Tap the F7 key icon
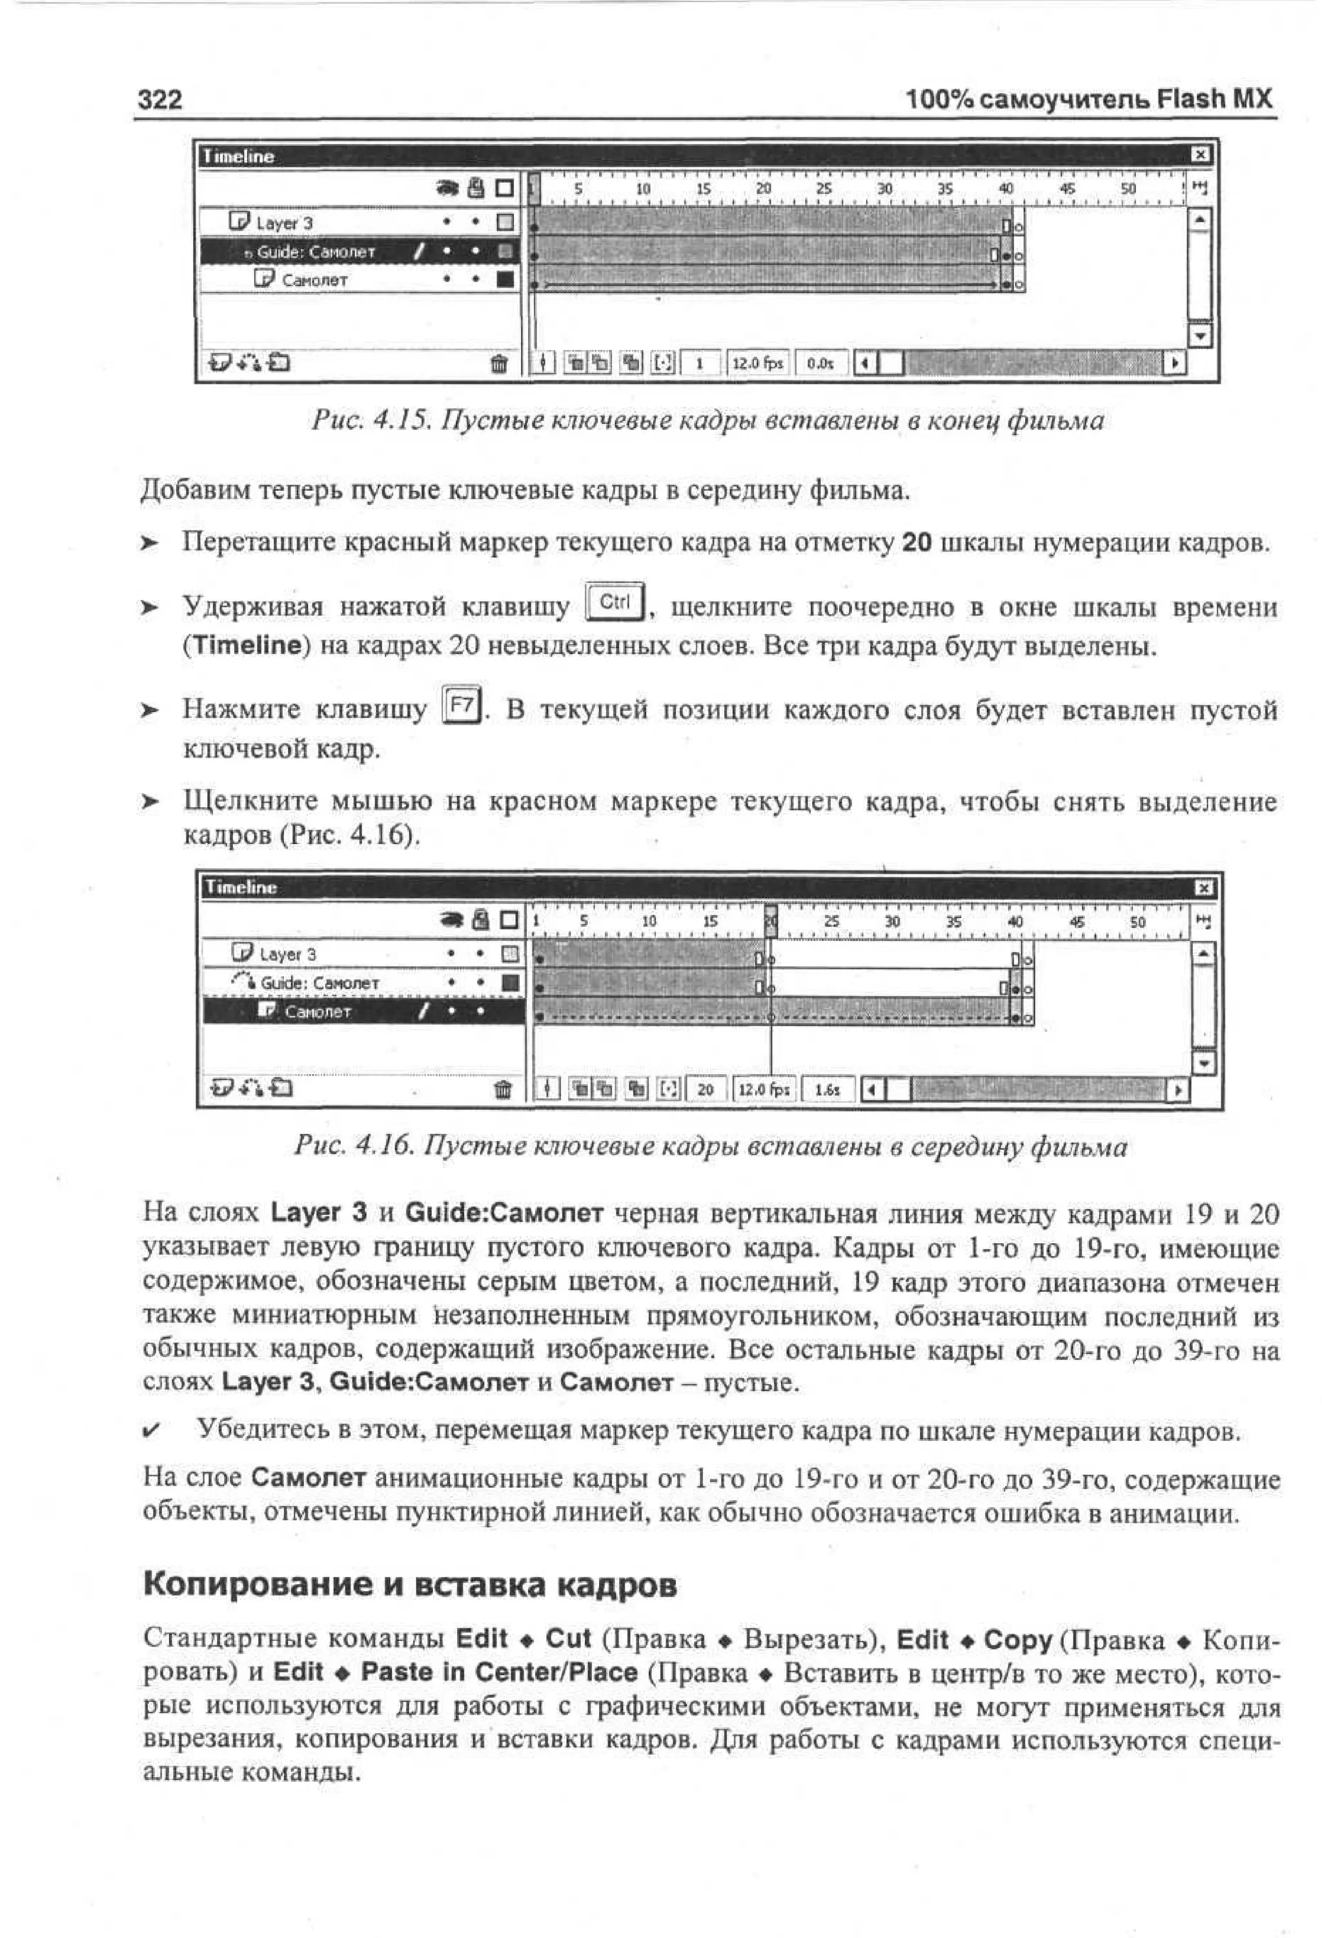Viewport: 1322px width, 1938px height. [x=462, y=706]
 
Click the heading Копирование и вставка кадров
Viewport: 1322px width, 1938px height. [x=409, y=1584]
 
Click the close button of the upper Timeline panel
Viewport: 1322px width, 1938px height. [x=1199, y=155]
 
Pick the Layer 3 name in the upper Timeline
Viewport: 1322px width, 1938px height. [x=283, y=223]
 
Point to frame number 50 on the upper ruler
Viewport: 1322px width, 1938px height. [x=1128, y=189]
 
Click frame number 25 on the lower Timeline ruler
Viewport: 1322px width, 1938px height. [x=831, y=922]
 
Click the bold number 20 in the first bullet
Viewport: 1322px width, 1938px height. [x=916, y=543]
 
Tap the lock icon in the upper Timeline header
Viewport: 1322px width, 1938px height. [x=476, y=189]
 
